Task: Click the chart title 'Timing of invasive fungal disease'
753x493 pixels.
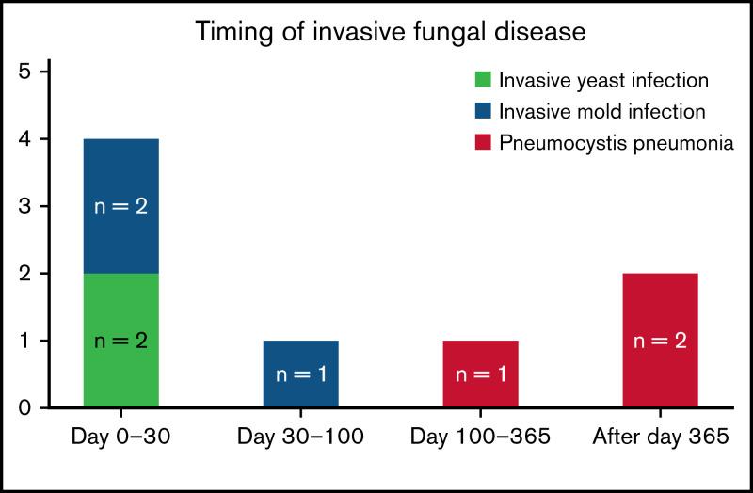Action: (x=391, y=33)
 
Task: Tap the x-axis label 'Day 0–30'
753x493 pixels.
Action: (x=120, y=437)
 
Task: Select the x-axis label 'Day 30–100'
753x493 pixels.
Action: (x=301, y=437)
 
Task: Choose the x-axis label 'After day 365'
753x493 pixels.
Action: (x=659, y=437)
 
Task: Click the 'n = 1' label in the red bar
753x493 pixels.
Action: (x=480, y=374)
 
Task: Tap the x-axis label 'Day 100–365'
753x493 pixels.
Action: (x=480, y=437)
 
